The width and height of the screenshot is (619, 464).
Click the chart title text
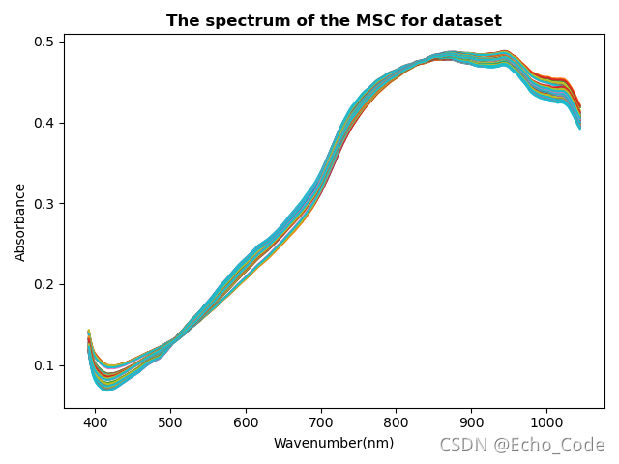click(334, 20)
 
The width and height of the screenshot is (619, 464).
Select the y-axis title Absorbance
click(20, 221)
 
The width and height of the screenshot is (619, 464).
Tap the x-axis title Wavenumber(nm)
click(334, 443)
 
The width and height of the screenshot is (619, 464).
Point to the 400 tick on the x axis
click(95, 422)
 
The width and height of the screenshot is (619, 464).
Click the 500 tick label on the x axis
click(170, 422)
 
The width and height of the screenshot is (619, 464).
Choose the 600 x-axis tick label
click(246, 422)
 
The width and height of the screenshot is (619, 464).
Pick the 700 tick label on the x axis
click(321, 422)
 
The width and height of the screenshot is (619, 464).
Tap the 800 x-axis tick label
click(396, 422)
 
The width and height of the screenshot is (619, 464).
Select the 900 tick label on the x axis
click(471, 422)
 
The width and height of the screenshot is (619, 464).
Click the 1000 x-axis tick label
click(546, 422)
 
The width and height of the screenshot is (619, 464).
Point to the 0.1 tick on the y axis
click(45, 365)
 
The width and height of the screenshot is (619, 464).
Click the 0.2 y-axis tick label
click(45, 284)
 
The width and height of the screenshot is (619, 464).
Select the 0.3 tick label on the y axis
click(45, 204)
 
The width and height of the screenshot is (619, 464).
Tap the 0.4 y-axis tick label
click(45, 123)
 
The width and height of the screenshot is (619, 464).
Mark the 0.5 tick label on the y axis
click(45, 42)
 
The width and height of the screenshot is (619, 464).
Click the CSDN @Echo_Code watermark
click(521, 445)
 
